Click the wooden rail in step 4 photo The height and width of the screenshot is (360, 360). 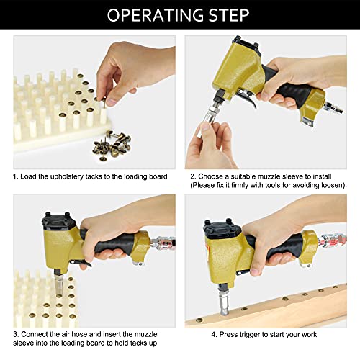pos(288,302)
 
